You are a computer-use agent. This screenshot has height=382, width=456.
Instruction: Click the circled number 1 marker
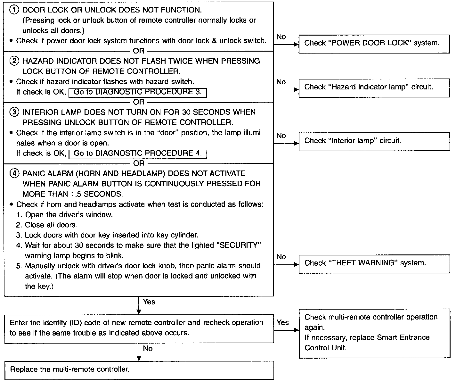(x=14, y=10)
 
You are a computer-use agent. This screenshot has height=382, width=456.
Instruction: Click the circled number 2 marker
(x=14, y=61)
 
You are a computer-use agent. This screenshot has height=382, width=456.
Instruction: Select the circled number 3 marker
(x=14, y=112)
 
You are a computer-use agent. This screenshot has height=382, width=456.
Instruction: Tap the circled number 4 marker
(x=14, y=173)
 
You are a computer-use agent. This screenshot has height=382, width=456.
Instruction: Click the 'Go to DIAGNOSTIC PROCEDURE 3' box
(x=138, y=93)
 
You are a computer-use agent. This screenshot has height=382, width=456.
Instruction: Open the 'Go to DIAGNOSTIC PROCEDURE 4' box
(x=138, y=154)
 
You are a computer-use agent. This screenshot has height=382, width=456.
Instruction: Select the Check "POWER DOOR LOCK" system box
(x=374, y=44)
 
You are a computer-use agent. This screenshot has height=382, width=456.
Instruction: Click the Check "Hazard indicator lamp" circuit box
(x=374, y=88)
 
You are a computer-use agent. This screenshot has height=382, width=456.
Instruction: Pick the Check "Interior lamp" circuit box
(x=374, y=142)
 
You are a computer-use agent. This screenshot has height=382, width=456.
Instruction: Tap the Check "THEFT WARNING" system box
(x=374, y=264)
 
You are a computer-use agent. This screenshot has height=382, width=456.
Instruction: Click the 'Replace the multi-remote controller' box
(x=139, y=370)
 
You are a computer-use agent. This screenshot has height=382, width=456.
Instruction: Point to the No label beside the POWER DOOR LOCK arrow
(x=281, y=37)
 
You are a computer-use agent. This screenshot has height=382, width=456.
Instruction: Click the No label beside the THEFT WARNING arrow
(x=281, y=257)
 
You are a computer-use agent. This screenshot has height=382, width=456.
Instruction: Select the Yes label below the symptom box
(x=149, y=302)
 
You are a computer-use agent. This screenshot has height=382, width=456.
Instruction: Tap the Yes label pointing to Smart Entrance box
(x=282, y=322)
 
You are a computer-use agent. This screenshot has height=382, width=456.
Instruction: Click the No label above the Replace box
(x=148, y=348)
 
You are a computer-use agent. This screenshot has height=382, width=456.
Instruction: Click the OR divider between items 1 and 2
(x=139, y=51)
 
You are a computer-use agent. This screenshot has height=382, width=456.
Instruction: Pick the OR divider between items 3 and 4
(x=139, y=163)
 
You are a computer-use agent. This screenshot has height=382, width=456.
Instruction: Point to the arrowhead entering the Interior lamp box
(x=296, y=143)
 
